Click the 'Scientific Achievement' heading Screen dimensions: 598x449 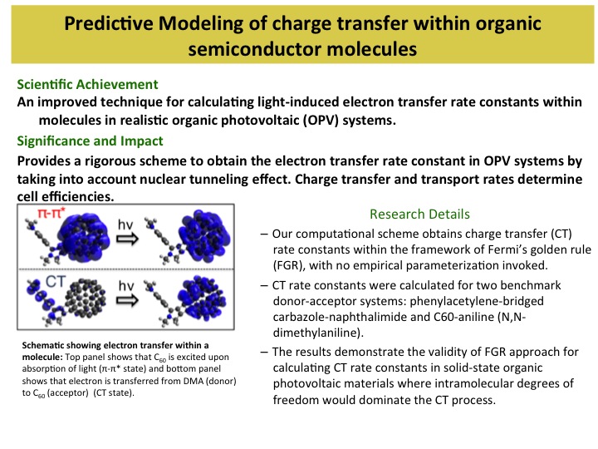pos(87,84)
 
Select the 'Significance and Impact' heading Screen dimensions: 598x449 pos(90,141)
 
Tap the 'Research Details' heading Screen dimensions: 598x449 pos(419,215)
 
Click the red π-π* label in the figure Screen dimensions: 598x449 pos(51,213)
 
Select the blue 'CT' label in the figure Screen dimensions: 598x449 pos(56,282)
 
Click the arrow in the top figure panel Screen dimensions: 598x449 pos(127,239)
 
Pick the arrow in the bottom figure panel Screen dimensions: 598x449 pos(127,300)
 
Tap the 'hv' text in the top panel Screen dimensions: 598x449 pos(126,224)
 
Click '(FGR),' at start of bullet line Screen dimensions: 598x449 pos(290,265)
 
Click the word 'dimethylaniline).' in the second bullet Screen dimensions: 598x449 pos(318,333)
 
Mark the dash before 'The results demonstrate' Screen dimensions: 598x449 pos(264,352)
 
